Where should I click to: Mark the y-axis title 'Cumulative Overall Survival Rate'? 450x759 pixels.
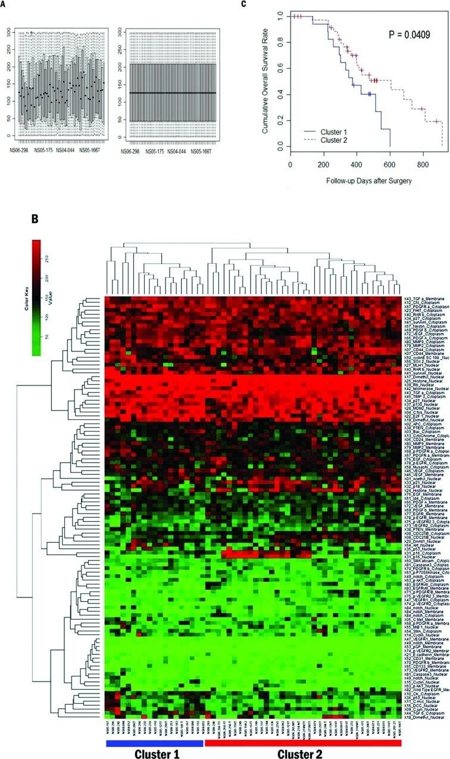(x=266, y=81)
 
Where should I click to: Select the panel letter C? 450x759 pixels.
(x=242, y=4)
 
